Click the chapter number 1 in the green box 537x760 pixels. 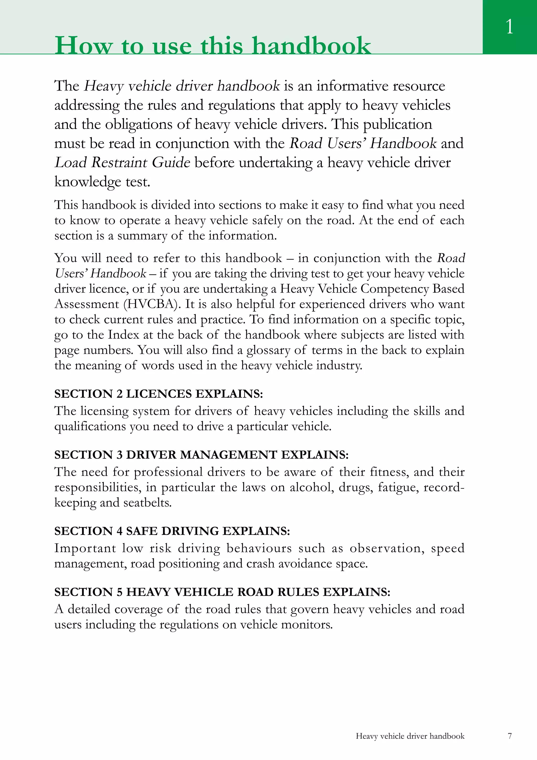[509, 26]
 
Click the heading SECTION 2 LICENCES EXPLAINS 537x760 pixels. [158, 394]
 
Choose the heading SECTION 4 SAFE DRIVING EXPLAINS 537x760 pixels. [172, 531]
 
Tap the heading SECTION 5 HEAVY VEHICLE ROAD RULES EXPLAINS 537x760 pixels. [222, 592]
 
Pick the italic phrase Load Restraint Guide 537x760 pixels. [122, 163]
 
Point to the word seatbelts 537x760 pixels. [148, 502]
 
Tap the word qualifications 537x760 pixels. [90, 426]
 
